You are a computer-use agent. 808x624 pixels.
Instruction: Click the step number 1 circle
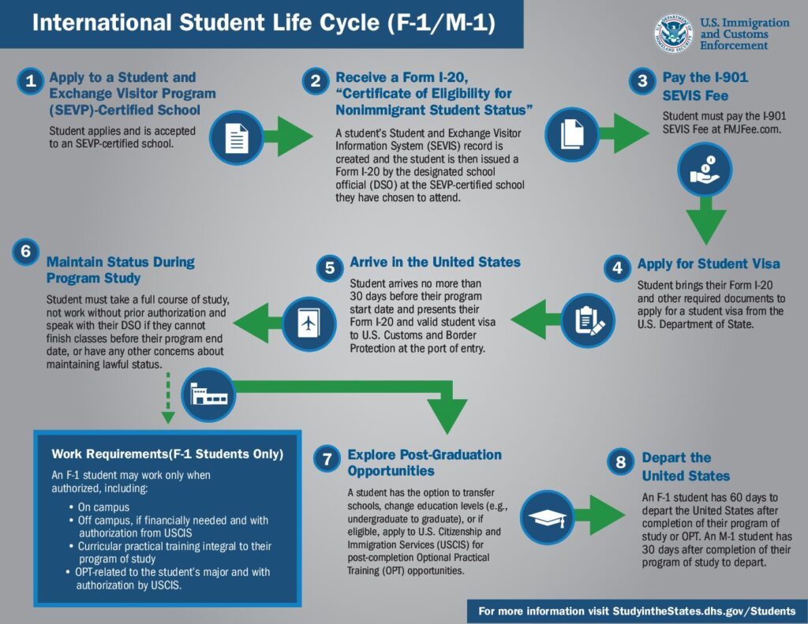pyautogui.click(x=30, y=81)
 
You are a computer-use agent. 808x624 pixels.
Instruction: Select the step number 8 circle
pyautogui.click(x=621, y=462)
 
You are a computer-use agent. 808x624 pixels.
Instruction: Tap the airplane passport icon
pyautogui.click(x=309, y=323)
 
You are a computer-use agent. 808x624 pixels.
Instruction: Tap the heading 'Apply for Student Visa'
pyautogui.click(x=709, y=264)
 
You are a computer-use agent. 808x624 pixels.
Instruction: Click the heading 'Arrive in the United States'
pyautogui.click(x=435, y=262)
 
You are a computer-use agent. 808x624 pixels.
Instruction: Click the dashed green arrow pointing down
pyautogui.click(x=166, y=399)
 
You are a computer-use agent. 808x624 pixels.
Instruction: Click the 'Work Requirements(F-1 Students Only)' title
pyautogui.click(x=167, y=454)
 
